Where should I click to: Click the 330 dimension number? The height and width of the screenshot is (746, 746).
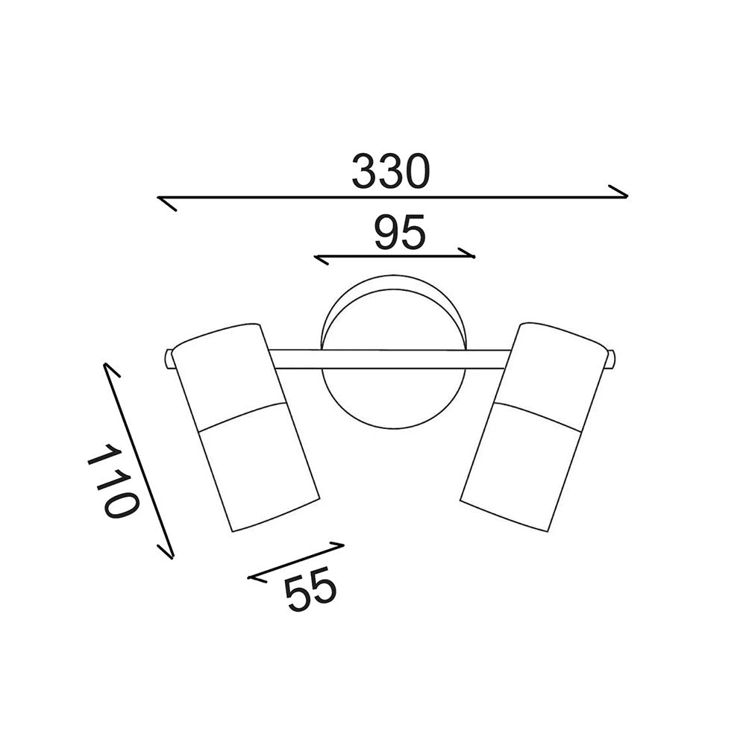[x=391, y=171]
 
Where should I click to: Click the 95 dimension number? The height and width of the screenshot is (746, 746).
[x=400, y=232]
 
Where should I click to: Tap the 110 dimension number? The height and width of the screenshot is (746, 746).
[x=113, y=481]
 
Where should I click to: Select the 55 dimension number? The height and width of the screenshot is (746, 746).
[x=310, y=589]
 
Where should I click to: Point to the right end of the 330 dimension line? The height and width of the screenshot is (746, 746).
[x=628, y=196]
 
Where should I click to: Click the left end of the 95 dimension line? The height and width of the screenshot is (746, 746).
[x=315, y=257]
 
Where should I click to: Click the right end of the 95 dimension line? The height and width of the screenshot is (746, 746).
[x=474, y=257]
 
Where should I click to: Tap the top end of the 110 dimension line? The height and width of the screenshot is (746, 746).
[x=104, y=365]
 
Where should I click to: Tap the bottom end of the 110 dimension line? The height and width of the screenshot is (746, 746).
[x=173, y=557]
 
